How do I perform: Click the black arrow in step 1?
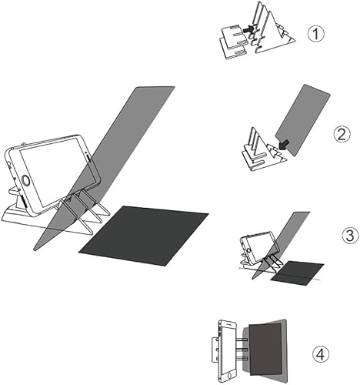click(250, 28)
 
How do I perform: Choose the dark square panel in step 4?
click(265, 350)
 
